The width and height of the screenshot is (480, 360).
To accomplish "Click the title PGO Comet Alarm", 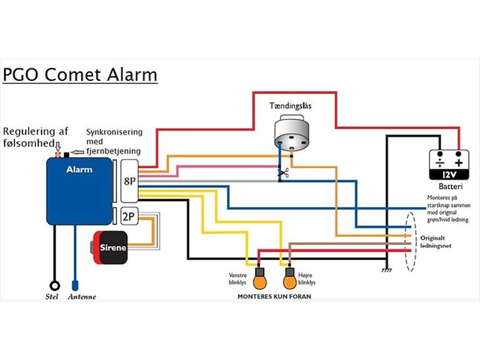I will click(x=80, y=74).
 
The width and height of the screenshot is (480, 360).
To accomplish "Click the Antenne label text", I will click(x=82, y=297).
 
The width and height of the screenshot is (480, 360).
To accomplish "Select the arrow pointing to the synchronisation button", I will click(x=78, y=153).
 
